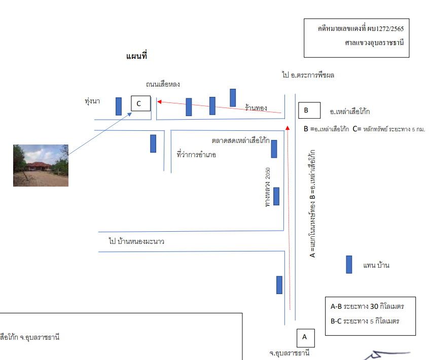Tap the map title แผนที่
point(136,56)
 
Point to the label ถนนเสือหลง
point(163,84)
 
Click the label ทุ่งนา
point(92,101)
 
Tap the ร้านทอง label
point(256,108)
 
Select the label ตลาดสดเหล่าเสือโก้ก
point(240,140)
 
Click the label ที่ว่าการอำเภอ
point(196,155)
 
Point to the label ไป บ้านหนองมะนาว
point(136,241)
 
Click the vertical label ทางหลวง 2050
point(268,187)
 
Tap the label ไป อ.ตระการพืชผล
point(308,75)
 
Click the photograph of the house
point(41,165)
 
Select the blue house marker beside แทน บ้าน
point(349,265)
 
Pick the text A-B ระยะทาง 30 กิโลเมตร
point(367,306)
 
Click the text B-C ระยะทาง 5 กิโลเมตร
point(365,321)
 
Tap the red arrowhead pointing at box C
point(159,102)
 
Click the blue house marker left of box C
point(119,106)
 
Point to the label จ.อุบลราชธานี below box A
point(290,353)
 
